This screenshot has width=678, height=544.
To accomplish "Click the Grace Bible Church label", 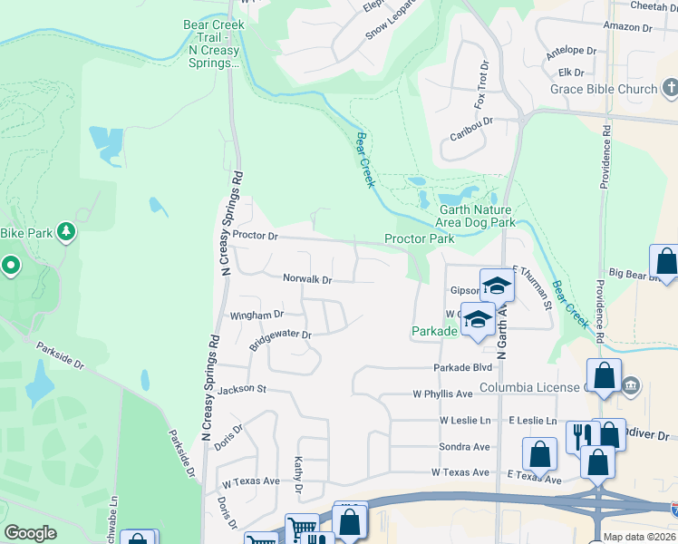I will pos(604,89).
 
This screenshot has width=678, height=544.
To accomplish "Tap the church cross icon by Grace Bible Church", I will pos(671,88).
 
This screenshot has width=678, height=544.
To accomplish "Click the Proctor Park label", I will pos(419,239).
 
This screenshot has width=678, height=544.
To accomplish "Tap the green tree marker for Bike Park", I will pos(65,234).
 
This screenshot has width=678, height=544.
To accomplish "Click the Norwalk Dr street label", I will pos(307,279).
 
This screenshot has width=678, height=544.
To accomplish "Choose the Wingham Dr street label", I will pos(257,316).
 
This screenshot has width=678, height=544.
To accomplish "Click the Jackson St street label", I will pos(241,389).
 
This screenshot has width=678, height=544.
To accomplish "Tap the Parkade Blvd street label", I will pos(462,367).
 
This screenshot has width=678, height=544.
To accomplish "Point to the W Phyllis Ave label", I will pos(443,394).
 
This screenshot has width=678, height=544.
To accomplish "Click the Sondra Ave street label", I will pos(464,447).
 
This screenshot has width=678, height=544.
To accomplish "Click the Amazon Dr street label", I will pos(627,28).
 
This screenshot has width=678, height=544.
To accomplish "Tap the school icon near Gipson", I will pos(496,286).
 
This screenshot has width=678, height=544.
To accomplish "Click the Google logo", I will pos(31,533).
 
